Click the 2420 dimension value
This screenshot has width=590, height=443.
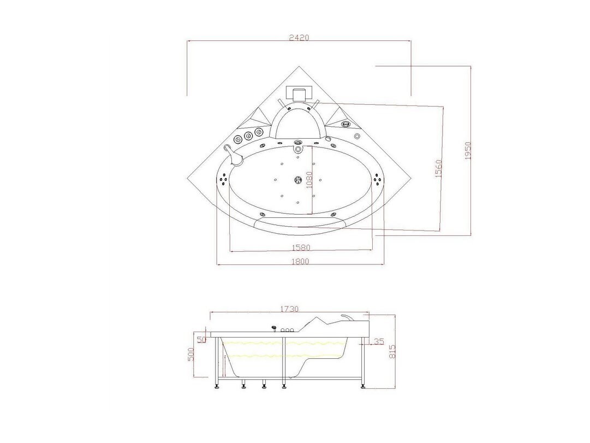pyautogui.click(x=299, y=38)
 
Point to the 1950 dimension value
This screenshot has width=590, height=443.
pyautogui.click(x=468, y=151)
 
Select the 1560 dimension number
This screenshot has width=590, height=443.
pyautogui.click(x=438, y=169)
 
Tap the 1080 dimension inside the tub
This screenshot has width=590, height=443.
pyautogui.click(x=309, y=181)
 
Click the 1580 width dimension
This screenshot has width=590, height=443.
pyautogui.click(x=301, y=247)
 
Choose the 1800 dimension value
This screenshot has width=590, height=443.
pyautogui.click(x=300, y=261)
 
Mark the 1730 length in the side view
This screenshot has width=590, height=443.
pyautogui.click(x=289, y=309)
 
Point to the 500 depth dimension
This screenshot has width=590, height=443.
pyautogui.click(x=190, y=355)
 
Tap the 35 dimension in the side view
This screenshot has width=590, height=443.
pyautogui.click(x=379, y=341)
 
